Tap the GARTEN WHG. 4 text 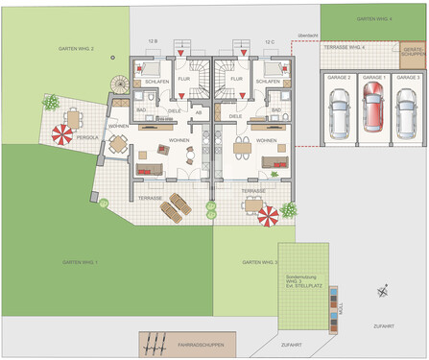point(373,18)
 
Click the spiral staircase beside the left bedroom point(120,84)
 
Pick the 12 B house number point(153,41)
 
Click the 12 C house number point(270,41)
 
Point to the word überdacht point(306,36)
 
